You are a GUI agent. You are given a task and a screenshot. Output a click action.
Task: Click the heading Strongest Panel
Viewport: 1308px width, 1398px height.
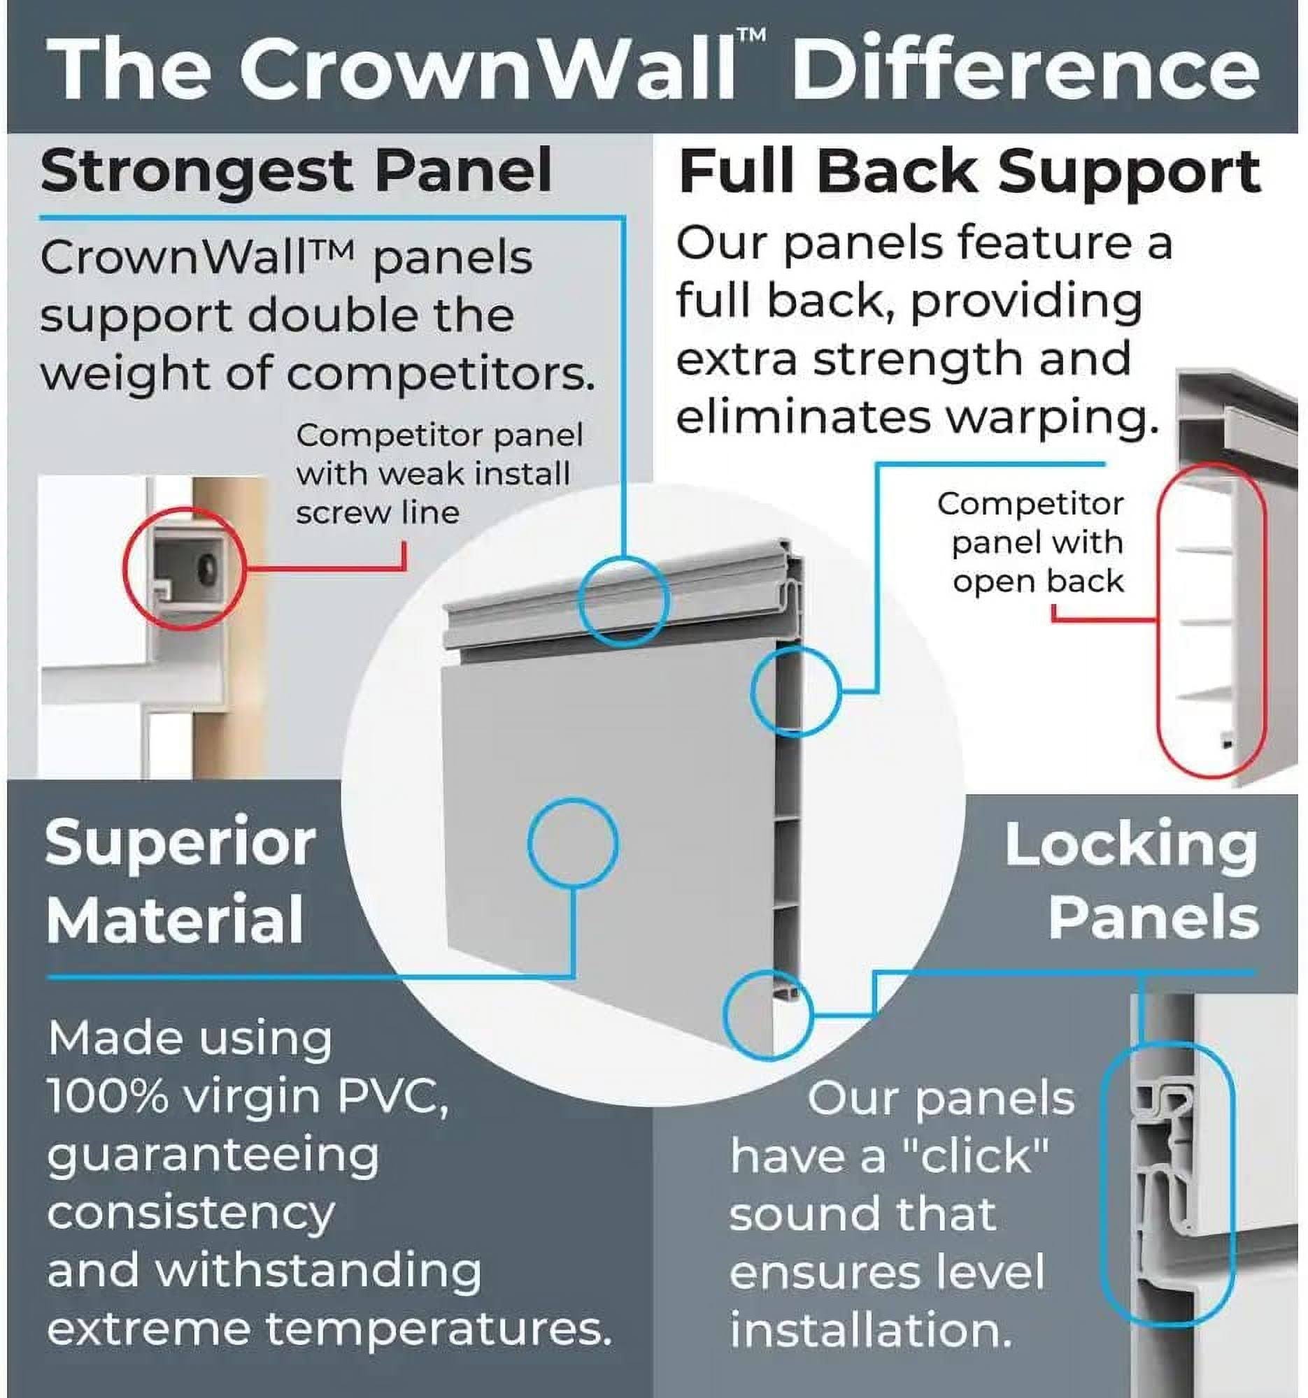click(295, 171)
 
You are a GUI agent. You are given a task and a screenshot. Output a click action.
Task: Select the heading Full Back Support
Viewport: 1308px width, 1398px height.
click(969, 172)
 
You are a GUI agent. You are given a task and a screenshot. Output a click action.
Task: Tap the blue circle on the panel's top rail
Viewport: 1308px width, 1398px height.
click(623, 600)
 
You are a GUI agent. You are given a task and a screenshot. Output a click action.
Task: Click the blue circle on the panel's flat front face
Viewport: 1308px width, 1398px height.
click(572, 842)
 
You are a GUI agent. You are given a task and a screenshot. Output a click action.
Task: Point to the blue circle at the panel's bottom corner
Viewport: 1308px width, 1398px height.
click(767, 1014)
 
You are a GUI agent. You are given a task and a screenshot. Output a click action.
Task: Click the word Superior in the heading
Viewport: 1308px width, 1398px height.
click(180, 844)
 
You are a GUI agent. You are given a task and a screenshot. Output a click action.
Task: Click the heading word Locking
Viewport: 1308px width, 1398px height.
click(1130, 845)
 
